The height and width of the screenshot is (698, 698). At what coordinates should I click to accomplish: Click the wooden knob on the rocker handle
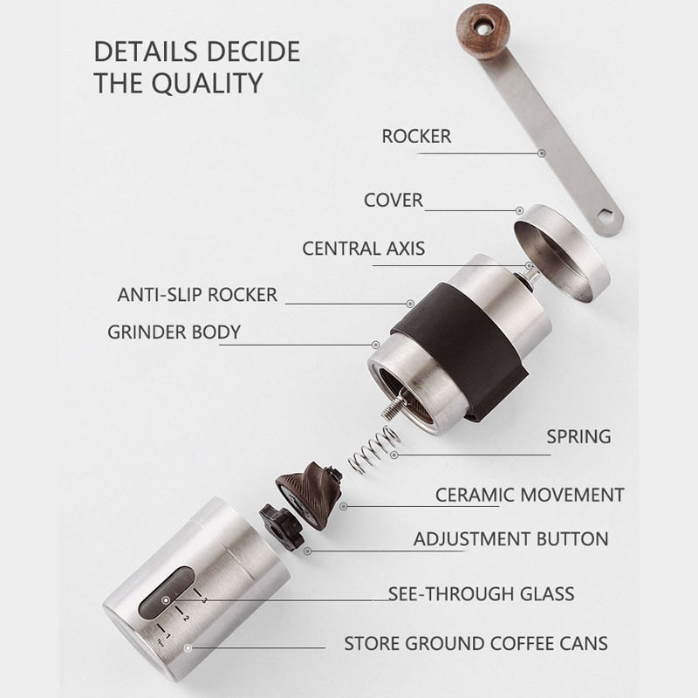point(482,31)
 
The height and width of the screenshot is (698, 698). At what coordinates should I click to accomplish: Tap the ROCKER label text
point(416,136)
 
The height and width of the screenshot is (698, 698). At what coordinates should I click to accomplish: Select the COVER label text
point(393,200)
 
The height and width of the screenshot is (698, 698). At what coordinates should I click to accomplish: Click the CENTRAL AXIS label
point(363,248)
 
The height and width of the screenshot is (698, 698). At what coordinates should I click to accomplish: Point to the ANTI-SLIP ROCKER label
point(197,295)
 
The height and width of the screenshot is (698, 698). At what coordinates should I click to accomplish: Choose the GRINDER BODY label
point(174,332)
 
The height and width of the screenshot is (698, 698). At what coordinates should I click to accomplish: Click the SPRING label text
point(578,435)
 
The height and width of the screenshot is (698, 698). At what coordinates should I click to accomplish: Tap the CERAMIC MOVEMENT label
point(530,495)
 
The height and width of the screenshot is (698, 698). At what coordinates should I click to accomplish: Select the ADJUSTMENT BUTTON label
point(510,538)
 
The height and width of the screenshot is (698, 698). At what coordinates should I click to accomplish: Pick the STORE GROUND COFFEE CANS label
point(476,644)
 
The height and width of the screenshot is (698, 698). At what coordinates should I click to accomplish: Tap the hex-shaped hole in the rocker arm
point(607,218)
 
